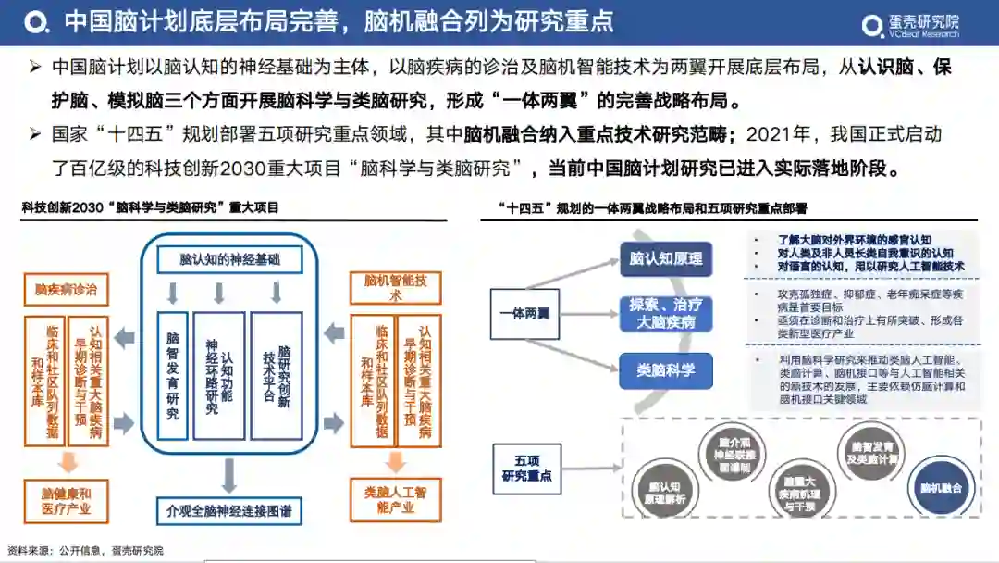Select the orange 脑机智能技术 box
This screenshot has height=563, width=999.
pyautogui.click(x=395, y=287)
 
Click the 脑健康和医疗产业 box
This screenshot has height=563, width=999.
pyautogui.click(x=67, y=500)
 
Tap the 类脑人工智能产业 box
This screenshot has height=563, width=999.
pyautogui.click(x=395, y=500)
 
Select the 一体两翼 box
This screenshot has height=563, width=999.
pyautogui.click(x=524, y=313)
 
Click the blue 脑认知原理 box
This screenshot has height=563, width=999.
pyautogui.click(x=666, y=258)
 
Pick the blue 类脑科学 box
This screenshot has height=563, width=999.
pyautogui.click(x=666, y=370)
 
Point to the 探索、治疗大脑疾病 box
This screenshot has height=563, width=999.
pyautogui.click(x=666, y=313)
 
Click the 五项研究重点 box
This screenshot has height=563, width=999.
pyautogui.click(x=526, y=468)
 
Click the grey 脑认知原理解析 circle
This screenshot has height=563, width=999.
pyautogui.click(x=666, y=492)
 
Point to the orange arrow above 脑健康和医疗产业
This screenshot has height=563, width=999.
pyautogui.click(x=67, y=460)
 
